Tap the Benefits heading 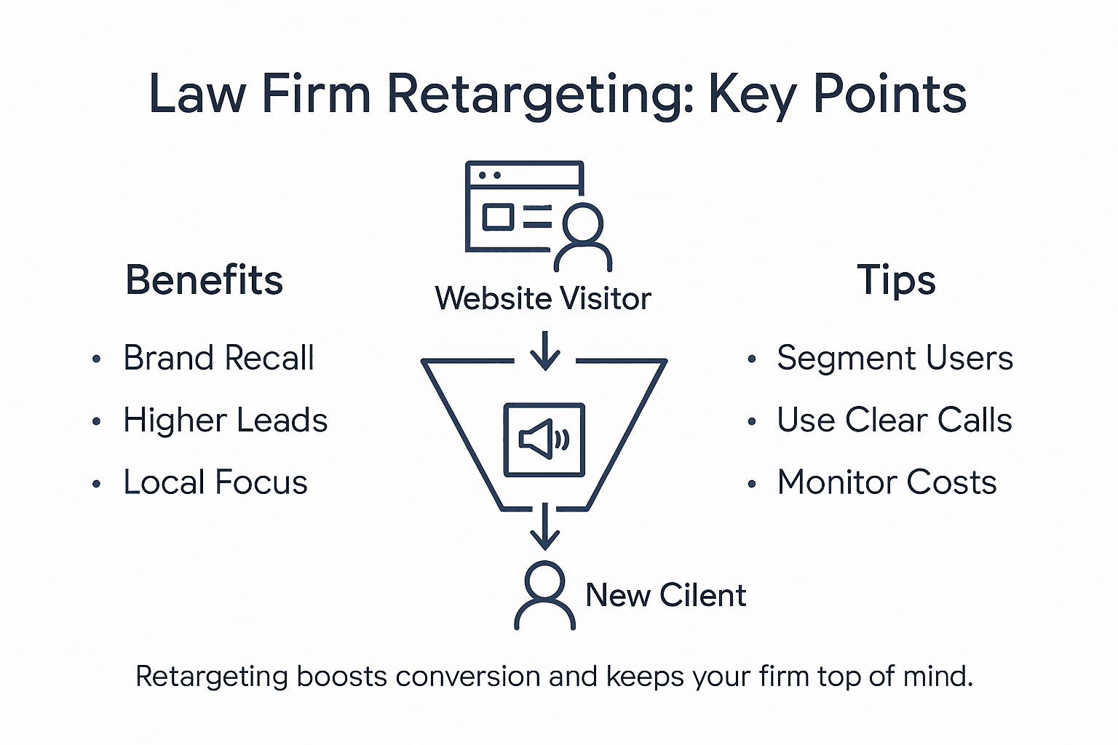pyautogui.click(x=204, y=280)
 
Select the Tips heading pyautogui.click(x=896, y=280)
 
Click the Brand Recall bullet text pyautogui.click(x=218, y=358)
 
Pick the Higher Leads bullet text pyautogui.click(x=225, y=421)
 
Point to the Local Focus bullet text pyautogui.click(x=215, y=482)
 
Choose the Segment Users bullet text pyautogui.click(x=895, y=358)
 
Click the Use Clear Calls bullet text pyautogui.click(x=895, y=421)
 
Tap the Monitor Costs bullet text pyautogui.click(x=887, y=482)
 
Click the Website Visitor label pyautogui.click(x=543, y=299)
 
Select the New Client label pyautogui.click(x=665, y=595)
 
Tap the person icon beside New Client pyautogui.click(x=544, y=595)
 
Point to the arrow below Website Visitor pyautogui.click(x=544, y=351)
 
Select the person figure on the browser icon pyautogui.click(x=582, y=236)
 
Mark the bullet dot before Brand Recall pyautogui.click(x=97, y=359)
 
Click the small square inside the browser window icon pyautogui.click(x=499, y=217)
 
